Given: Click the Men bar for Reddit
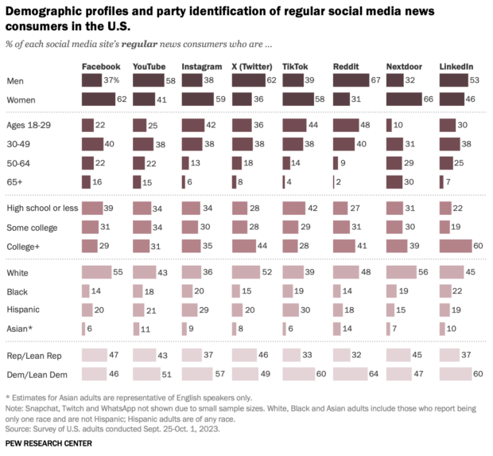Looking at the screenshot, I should (351, 81).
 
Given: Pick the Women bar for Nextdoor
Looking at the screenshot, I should (403, 99).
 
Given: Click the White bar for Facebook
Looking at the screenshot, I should (95, 273).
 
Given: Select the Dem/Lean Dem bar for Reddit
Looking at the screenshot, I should (350, 373).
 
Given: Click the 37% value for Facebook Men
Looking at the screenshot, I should (112, 81).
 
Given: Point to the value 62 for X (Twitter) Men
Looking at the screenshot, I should (272, 81).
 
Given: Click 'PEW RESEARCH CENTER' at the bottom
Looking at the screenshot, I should (49, 442).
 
